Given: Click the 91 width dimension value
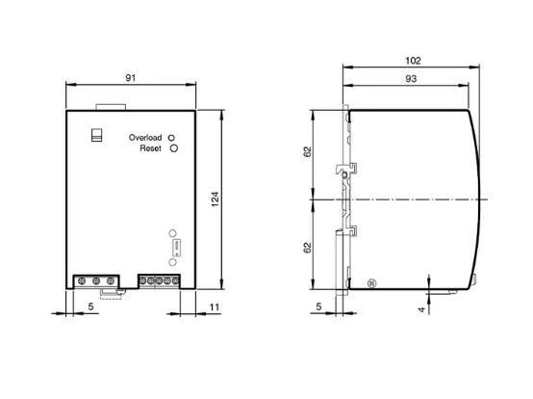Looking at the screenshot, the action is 131,78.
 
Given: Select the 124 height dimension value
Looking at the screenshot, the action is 216,199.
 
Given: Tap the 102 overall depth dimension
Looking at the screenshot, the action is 413,61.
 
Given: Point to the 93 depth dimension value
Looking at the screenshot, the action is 411,79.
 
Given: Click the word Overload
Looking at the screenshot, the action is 145,138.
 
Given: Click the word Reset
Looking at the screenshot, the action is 150,148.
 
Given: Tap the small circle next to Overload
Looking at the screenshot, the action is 171,138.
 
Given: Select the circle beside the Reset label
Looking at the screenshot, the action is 174,148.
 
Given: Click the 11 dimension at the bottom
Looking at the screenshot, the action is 215,307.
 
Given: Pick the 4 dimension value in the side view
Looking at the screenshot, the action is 421,309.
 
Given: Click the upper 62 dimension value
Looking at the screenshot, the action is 307,151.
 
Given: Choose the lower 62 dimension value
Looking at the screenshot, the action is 307,248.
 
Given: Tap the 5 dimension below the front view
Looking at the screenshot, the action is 90,306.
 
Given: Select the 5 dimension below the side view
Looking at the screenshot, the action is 318,306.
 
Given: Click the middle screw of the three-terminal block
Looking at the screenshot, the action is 96,281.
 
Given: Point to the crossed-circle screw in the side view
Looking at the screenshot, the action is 372,283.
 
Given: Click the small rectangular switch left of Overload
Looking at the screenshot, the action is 97,135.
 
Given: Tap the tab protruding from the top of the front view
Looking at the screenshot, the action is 111,107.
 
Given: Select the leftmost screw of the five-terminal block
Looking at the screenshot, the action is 143,280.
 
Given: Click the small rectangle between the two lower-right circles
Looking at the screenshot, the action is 177,248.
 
